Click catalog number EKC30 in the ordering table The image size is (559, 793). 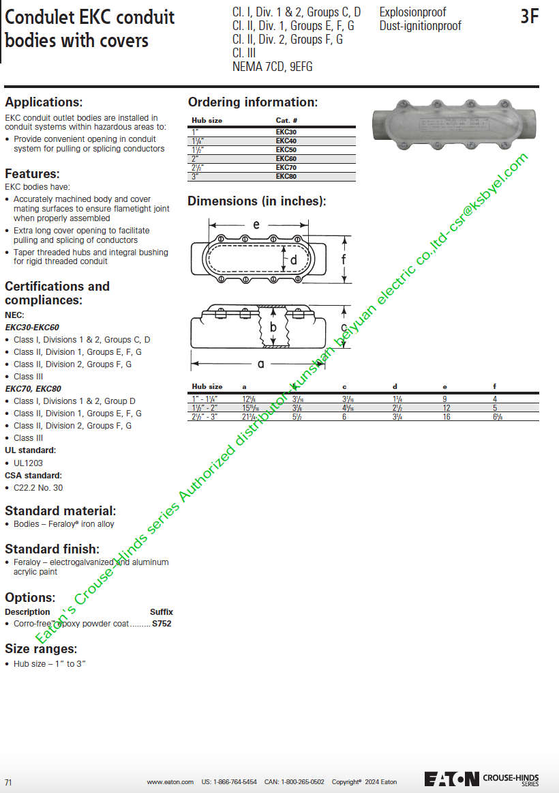(286, 132)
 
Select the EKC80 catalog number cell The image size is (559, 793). (286, 176)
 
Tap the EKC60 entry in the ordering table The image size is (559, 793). (286, 158)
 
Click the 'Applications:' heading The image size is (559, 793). (44, 102)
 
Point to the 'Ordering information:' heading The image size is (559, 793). (253, 102)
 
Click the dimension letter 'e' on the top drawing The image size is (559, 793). (256, 225)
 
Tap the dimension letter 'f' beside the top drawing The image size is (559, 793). (344, 259)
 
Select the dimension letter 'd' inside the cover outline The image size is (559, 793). (294, 260)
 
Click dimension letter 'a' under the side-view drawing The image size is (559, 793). (260, 364)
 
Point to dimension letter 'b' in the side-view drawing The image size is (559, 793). (273, 327)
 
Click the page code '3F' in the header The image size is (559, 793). (529, 17)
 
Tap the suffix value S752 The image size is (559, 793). (162, 624)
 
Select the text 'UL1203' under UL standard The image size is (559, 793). (28, 463)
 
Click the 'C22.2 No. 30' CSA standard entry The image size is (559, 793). (38, 488)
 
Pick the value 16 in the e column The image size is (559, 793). (447, 416)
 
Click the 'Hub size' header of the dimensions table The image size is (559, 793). (207, 387)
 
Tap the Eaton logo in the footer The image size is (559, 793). (451, 779)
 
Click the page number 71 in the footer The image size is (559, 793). (8, 782)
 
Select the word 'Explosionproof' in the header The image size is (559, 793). (412, 12)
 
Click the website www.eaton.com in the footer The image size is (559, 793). (170, 782)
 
